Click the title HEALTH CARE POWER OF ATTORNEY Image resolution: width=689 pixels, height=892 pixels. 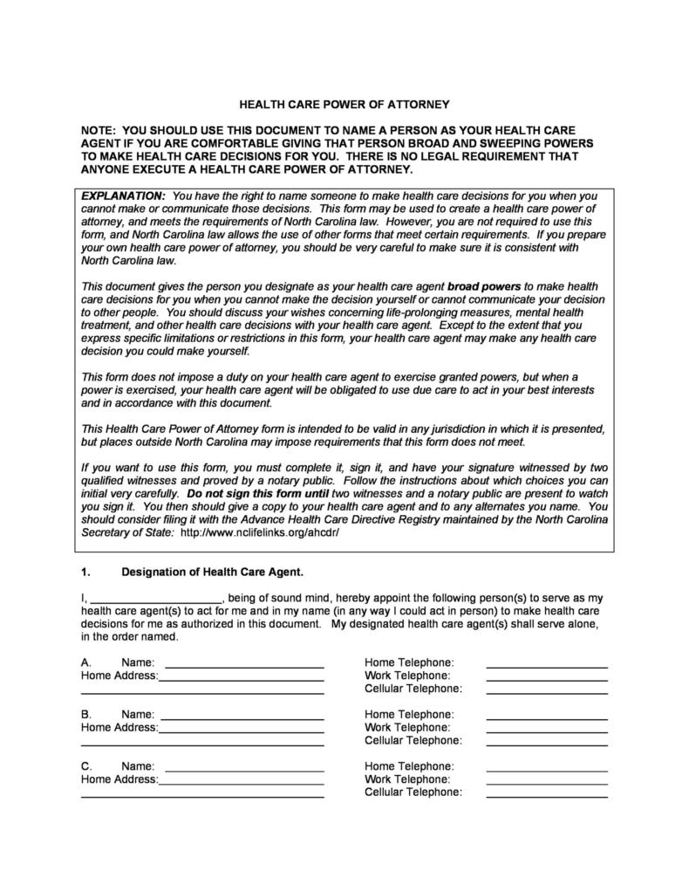click(344, 104)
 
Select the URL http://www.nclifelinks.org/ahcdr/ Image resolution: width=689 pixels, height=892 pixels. click(259, 532)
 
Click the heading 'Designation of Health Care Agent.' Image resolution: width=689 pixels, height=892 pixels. click(212, 573)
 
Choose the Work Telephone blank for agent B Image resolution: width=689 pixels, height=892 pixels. click(546, 727)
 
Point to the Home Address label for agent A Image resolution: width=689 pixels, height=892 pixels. click(119, 676)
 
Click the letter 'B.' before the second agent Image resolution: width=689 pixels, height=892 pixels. click(86, 714)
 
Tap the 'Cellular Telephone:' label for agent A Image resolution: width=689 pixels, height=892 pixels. click(413, 689)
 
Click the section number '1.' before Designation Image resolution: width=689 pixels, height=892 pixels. click(85, 573)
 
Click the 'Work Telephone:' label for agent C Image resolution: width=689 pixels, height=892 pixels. click(407, 779)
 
